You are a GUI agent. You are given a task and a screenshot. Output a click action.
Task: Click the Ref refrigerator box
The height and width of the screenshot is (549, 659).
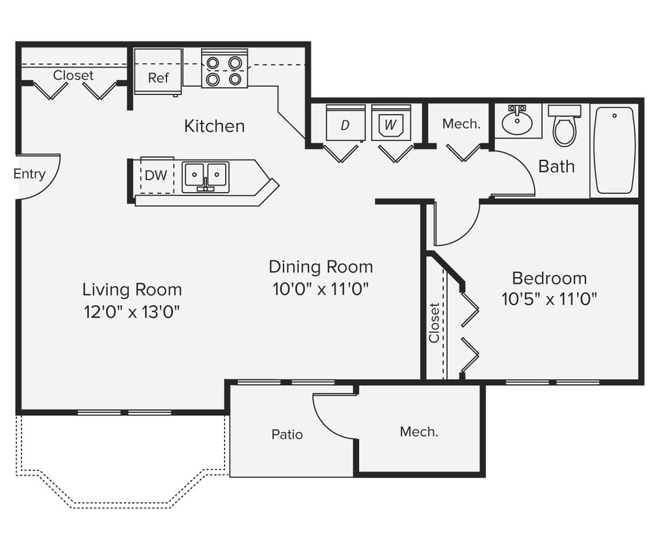pyautogui.click(x=158, y=72)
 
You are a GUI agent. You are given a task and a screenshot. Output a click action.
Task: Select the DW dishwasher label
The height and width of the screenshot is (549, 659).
pyautogui.click(x=155, y=176)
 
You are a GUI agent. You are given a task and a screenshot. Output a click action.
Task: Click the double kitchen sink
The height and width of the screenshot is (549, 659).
pyautogui.click(x=206, y=176)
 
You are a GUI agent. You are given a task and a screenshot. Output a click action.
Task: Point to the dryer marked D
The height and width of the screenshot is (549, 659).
pyautogui.click(x=345, y=123)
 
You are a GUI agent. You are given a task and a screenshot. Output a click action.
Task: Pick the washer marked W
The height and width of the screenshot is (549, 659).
pyautogui.click(x=390, y=123)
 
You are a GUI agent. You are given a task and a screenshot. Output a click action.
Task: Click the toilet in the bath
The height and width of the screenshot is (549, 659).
pyautogui.click(x=564, y=127)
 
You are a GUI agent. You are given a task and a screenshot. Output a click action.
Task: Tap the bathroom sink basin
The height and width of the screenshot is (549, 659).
pyautogui.click(x=518, y=123)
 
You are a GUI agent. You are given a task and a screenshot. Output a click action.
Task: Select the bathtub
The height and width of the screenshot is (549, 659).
pyautogui.click(x=614, y=150)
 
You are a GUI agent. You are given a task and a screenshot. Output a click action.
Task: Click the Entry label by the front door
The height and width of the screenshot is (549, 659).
pyautogui.click(x=29, y=174)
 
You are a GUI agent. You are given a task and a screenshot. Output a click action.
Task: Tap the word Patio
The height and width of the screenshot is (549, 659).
pyautogui.click(x=287, y=434)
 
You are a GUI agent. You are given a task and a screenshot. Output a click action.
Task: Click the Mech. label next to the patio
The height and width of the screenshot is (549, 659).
pyautogui.click(x=419, y=431)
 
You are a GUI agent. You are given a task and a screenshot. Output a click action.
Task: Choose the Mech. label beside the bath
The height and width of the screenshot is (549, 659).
pyautogui.click(x=461, y=124)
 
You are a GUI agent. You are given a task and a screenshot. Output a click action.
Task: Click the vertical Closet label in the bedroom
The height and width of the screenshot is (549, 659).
pyautogui.click(x=434, y=323)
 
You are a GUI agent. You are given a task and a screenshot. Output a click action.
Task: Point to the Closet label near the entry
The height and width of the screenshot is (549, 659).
pyautogui.click(x=74, y=75)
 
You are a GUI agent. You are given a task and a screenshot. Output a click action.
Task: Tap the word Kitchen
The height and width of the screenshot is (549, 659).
pyautogui.click(x=214, y=126)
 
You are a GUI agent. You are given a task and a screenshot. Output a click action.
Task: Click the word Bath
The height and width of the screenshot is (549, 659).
pyautogui.click(x=556, y=167)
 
